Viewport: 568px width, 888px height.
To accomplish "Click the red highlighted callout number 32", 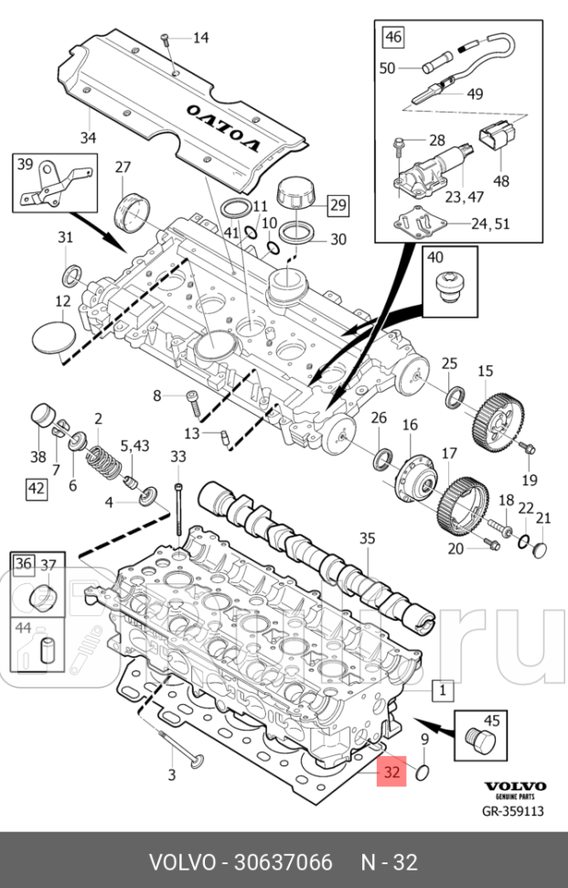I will pyautogui.click(x=392, y=772).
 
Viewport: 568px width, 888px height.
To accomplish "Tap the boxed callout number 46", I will pyautogui.click(x=392, y=38).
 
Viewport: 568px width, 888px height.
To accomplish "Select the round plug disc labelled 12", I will pyautogui.click(x=51, y=336).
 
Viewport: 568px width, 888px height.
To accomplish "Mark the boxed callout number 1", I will pyautogui.click(x=440, y=688).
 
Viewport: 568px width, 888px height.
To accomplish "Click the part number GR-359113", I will pyautogui.click(x=513, y=810).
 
